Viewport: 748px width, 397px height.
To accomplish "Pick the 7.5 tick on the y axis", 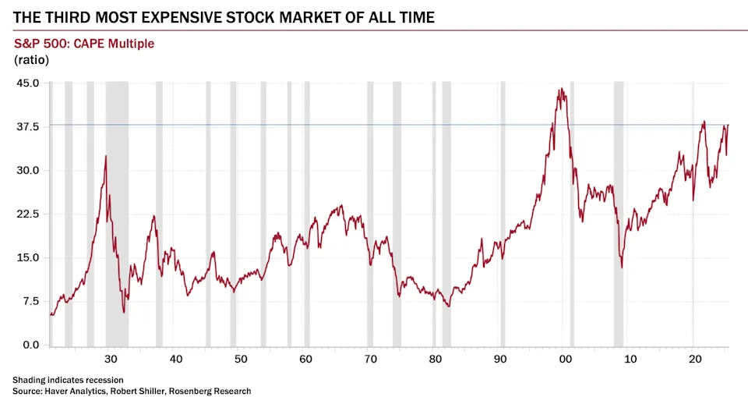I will [x=31, y=301].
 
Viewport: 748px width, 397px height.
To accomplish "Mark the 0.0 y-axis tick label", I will [x=31, y=345].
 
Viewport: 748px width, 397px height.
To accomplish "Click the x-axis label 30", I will [x=111, y=359].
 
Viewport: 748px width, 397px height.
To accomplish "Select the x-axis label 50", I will [x=241, y=359].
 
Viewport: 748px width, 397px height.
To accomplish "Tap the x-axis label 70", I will [x=370, y=359].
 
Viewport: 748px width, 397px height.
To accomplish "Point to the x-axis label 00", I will [x=565, y=359].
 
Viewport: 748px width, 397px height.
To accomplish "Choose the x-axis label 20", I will [x=695, y=359].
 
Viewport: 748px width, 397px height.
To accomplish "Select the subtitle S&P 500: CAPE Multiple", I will [x=84, y=44].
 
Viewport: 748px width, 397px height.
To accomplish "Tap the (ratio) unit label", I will [x=31, y=60].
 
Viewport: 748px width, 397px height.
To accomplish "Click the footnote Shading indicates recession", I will [x=68, y=380].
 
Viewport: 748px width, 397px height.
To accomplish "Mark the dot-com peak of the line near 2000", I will [x=561, y=89].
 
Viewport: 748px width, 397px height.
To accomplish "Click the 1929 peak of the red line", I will [x=106, y=156].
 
